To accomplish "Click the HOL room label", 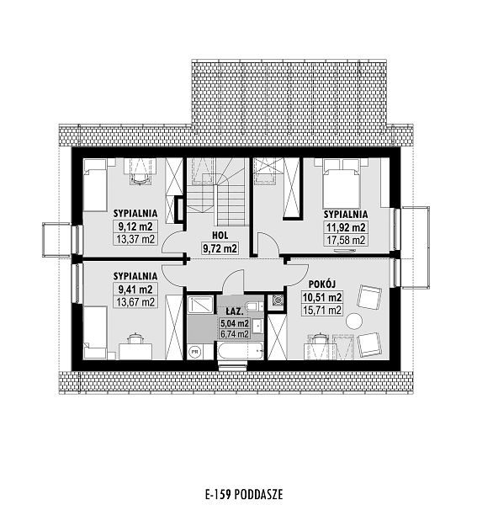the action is (220, 236).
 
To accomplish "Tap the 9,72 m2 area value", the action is (220, 248).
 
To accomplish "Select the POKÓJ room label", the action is (322, 284).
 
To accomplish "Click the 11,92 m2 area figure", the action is (346, 228).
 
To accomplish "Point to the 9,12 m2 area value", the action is (135, 226).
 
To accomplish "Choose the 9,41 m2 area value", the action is (135, 290).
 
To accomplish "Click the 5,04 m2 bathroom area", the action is (234, 323).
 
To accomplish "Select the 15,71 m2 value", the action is (322, 310).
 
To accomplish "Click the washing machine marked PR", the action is (194, 352).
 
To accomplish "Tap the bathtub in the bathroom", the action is (241, 351).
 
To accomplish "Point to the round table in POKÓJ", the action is (354, 321).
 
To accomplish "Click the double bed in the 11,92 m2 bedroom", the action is (342, 183).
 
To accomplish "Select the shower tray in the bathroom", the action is (200, 305).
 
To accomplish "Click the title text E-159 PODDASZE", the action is (244, 494).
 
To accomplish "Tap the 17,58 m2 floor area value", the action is (346, 240).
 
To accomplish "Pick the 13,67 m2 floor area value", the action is (135, 302).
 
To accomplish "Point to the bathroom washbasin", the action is (257, 327).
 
